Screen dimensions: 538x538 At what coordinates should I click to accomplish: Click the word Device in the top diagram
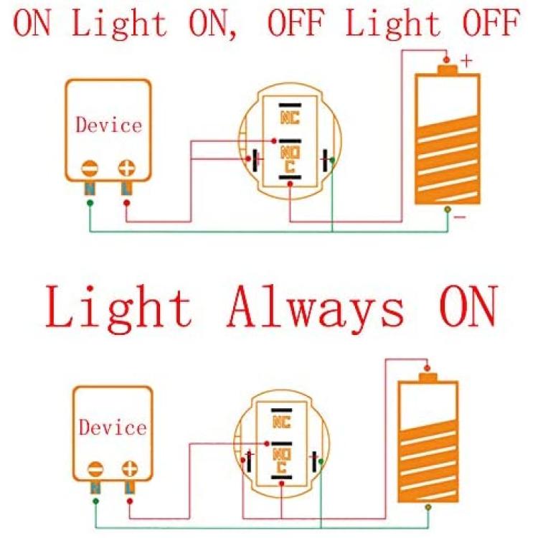point(108,125)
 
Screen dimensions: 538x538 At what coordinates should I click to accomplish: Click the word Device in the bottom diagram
point(113,428)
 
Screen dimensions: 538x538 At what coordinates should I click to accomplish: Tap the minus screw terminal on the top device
point(90,169)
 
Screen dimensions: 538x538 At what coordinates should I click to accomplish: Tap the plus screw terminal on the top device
point(126,168)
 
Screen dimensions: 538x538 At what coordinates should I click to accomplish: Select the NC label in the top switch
point(290,118)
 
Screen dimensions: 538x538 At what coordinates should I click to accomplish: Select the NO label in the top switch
point(290,153)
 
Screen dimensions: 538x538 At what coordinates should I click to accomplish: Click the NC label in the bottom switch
point(281,422)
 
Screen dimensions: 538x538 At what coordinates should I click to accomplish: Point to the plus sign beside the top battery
point(466,61)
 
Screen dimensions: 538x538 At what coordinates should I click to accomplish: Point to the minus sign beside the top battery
point(460,217)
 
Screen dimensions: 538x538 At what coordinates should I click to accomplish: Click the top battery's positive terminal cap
point(448,70)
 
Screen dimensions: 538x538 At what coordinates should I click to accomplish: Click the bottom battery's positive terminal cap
point(428,377)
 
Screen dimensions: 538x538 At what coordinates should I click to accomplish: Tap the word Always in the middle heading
point(316,307)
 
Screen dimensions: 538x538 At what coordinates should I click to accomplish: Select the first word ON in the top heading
point(32,22)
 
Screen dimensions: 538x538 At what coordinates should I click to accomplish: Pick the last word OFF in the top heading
point(491,22)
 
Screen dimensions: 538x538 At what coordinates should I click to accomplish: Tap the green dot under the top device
point(90,203)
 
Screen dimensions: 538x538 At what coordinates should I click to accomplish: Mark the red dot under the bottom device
point(130,501)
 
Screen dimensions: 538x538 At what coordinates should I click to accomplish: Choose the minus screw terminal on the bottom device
point(95,469)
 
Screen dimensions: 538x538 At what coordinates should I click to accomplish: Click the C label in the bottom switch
point(281,467)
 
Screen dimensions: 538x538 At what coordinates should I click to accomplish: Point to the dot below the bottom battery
point(428,506)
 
